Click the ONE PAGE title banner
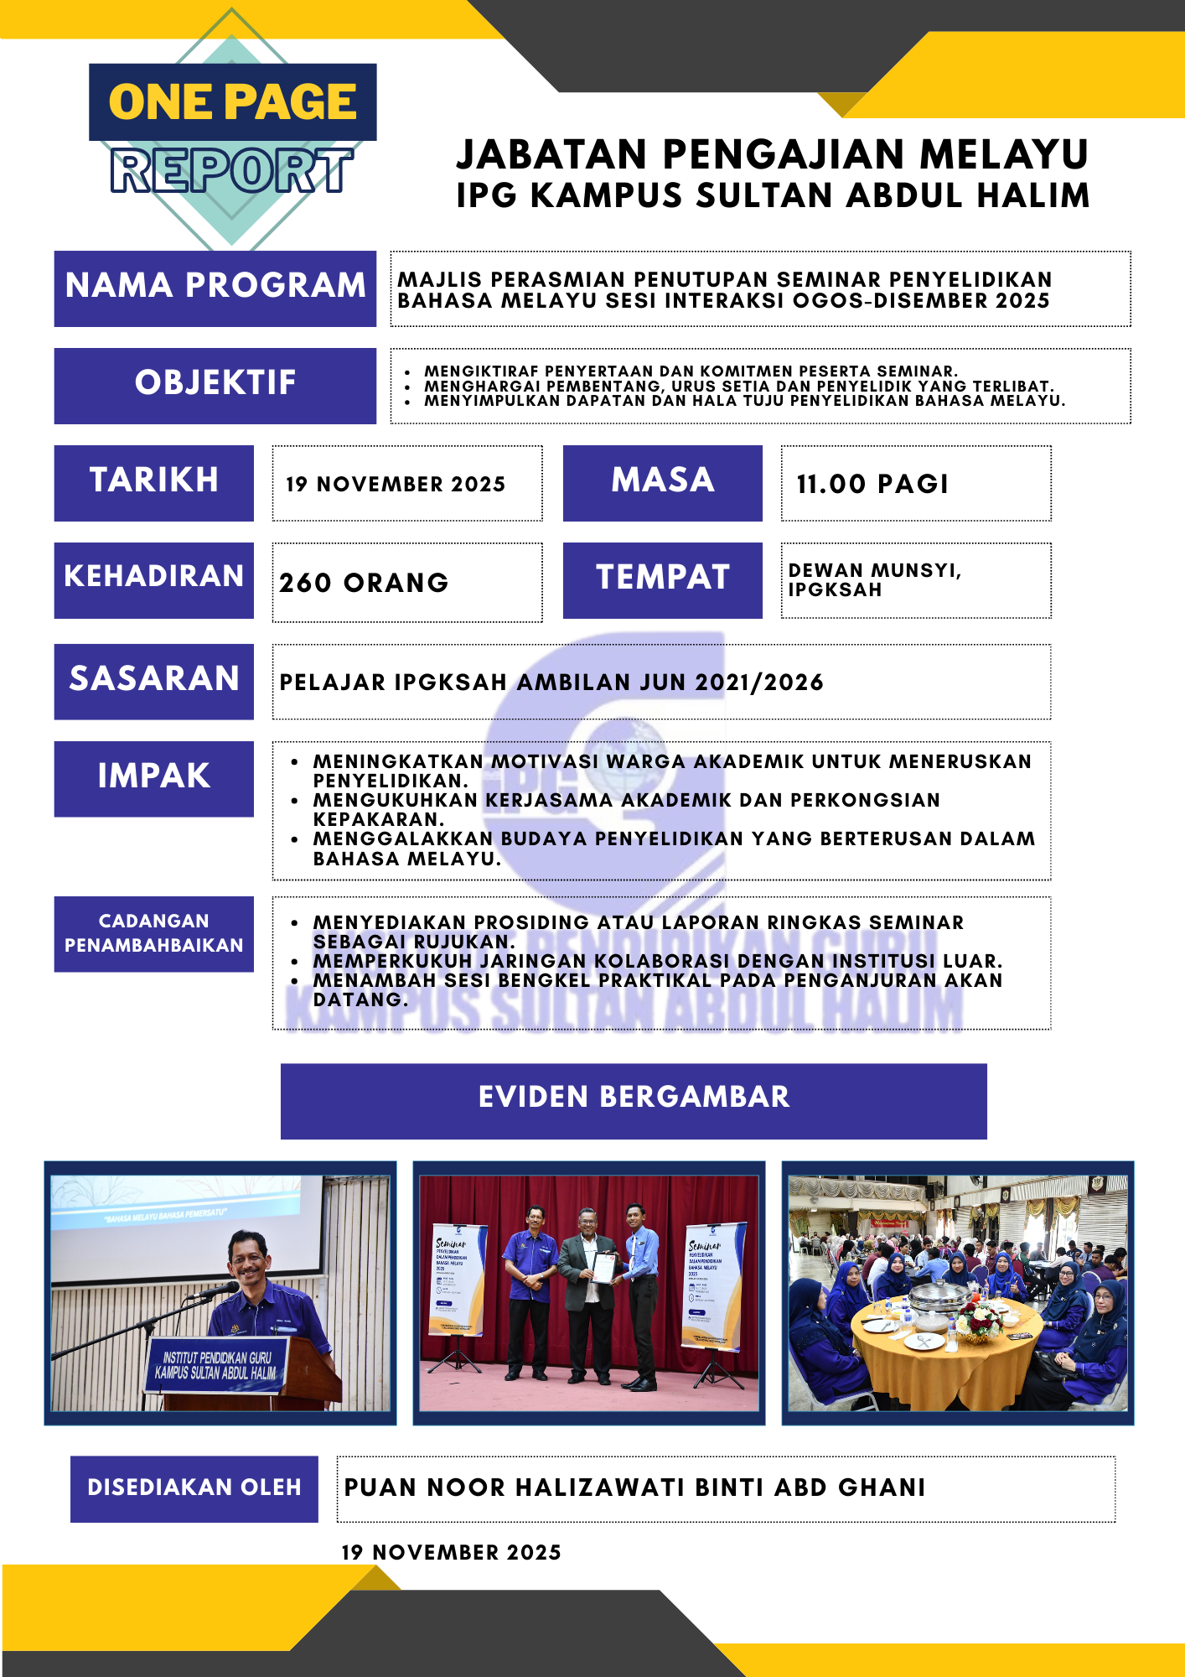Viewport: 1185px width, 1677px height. click(x=232, y=102)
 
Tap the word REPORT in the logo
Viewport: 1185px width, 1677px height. click(x=231, y=170)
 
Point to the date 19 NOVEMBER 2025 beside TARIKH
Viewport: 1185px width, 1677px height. click(x=396, y=484)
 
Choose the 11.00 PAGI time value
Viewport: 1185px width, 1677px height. click(x=872, y=484)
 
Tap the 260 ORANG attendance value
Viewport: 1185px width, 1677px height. click(x=364, y=582)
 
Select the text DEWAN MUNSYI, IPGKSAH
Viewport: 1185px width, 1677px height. click(x=874, y=579)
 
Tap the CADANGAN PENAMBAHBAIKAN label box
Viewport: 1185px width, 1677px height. click(x=154, y=933)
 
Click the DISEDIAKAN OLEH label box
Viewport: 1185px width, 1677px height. click(x=194, y=1488)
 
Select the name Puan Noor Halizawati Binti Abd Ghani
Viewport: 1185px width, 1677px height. click(x=634, y=1487)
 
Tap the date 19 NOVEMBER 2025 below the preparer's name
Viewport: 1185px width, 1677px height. click(x=451, y=1552)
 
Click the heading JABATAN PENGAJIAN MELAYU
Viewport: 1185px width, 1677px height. click(x=772, y=155)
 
